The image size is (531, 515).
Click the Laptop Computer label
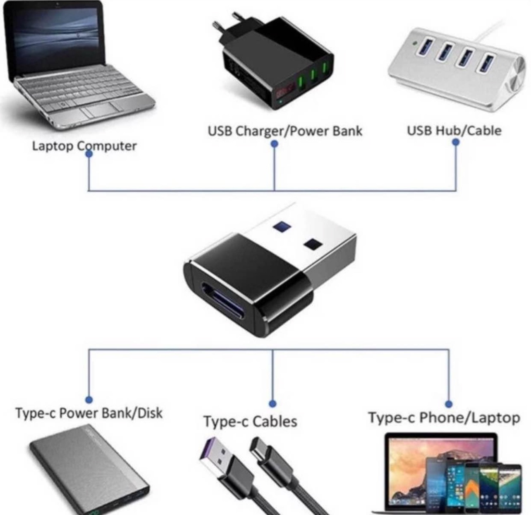[84, 146]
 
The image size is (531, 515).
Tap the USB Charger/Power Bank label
[285, 131]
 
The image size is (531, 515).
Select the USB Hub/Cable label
[454, 131]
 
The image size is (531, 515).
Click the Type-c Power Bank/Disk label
[89, 413]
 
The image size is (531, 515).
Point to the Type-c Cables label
[250, 421]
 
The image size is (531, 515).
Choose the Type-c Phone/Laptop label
[444, 417]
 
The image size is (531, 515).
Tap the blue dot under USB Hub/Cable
[456, 142]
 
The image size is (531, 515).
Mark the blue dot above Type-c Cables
[272, 403]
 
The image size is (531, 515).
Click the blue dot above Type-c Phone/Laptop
[449, 404]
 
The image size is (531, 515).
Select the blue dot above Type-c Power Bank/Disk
[88, 400]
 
